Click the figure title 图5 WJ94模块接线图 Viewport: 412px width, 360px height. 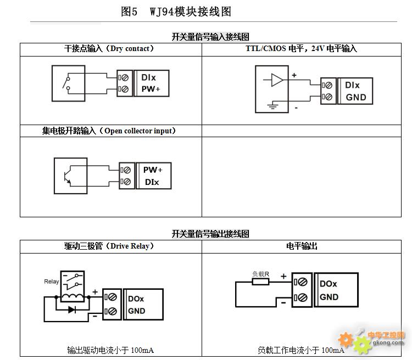click(176, 12)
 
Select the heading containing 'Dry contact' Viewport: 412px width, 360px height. click(109, 49)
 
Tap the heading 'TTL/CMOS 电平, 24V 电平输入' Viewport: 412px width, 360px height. click(301, 49)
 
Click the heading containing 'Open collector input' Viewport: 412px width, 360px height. click(109, 131)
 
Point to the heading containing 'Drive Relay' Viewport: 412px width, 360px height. click(109, 246)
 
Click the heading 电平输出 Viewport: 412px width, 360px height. click(302, 246)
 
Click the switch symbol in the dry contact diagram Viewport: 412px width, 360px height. click(66, 83)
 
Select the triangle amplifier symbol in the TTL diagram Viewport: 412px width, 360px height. click(277, 80)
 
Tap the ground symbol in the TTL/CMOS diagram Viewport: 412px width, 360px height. click(272, 105)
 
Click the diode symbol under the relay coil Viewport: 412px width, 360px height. click(72, 310)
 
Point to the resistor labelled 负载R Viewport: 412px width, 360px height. click(260, 282)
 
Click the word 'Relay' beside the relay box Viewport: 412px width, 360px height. click(52, 282)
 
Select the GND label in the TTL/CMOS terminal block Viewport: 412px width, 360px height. click(356, 98)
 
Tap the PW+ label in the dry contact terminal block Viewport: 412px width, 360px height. click(151, 89)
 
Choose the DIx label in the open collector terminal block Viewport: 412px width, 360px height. click(152, 182)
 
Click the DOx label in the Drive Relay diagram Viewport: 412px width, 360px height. click(136, 299)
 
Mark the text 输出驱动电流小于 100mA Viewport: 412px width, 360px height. click(110, 350)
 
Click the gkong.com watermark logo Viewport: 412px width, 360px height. click(371, 341)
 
